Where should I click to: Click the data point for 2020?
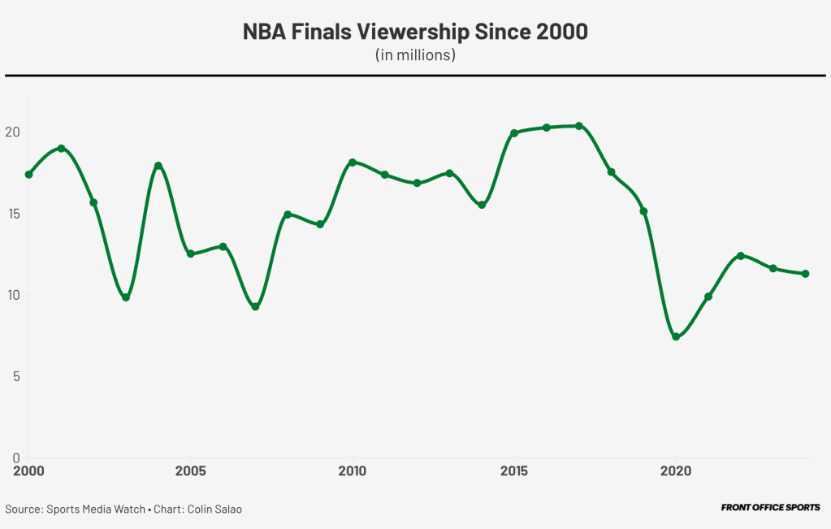tap(676, 336)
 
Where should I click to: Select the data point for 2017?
tap(578, 126)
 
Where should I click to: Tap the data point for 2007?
tap(255, 306)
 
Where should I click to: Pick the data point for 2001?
tap(61, 149)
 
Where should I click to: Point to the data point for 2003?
tap(126, 297)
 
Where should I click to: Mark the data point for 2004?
tap(158, 166)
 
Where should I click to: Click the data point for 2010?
tap(352, 163)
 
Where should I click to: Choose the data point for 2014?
tap(482, 205)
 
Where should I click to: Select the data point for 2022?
tap(740, 256)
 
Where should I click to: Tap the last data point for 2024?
tap(805, 274)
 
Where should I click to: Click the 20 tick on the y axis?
tap(12, 132)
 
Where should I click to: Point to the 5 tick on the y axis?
tap(15, 376)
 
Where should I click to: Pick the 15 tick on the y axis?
tap(12, 214)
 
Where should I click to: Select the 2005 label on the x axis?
tap(190, 471)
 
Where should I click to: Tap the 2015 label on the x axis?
tap(514, 471)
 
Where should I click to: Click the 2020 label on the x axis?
tap(676, 471)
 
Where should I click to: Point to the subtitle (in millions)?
tap(415, 55)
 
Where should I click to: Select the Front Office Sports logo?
tap(770, 508)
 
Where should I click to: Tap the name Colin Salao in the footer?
tap(214, 509)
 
